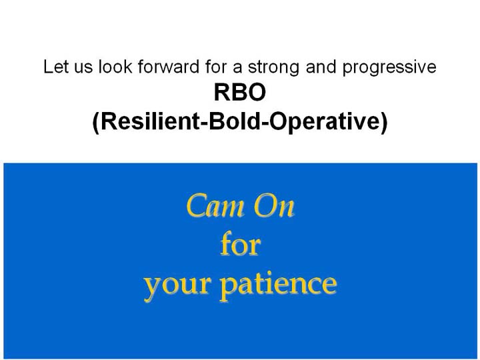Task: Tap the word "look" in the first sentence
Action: pos(115,67)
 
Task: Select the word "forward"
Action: pos(169,67)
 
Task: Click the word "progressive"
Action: pos(389,68)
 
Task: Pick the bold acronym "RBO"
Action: pos(240,93)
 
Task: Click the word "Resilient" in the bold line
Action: pos(150,121)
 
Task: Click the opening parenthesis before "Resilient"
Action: pos(96,123)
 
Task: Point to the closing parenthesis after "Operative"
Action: pos(384,123)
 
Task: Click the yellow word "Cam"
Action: pos(215,206)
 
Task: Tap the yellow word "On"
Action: pos(274,206)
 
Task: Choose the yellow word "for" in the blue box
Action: pos(241,244)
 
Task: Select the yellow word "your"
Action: pos(177,287)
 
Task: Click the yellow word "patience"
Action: pos(279,285)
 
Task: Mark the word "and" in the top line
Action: pos(321,67)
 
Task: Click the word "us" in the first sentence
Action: pos(83,69)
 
